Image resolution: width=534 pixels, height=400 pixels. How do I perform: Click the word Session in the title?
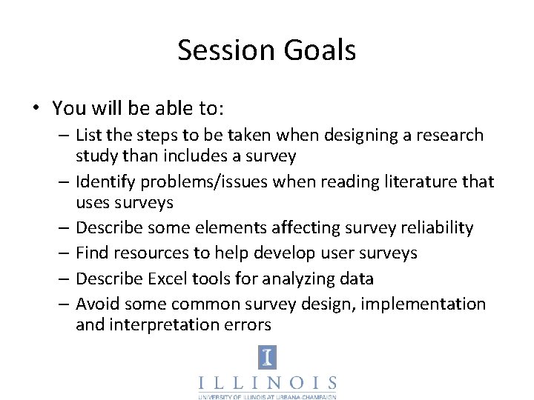coord(225,50)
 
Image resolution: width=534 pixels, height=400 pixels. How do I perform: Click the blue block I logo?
coord(267,357)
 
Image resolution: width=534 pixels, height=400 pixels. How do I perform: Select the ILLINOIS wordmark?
coord(267,383)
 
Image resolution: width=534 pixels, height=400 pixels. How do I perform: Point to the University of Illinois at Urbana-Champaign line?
coord(267,396)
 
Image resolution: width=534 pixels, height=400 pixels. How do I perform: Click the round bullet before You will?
coord(36,108)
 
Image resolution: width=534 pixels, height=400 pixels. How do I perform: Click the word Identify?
coord(106,182)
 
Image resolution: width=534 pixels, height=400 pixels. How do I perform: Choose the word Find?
coord(91,253)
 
